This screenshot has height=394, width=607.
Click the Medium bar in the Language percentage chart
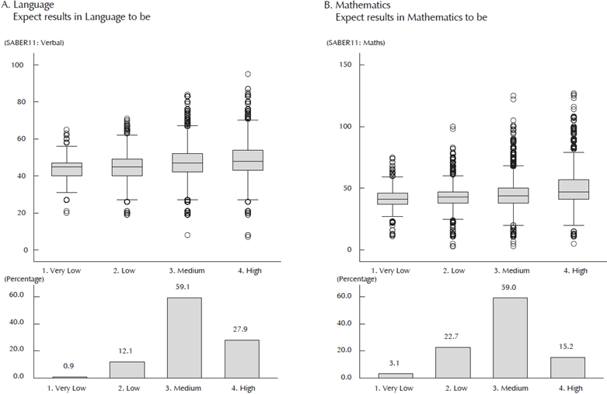click(x=185, y=337)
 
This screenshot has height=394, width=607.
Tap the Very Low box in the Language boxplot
click(x=67, y=169)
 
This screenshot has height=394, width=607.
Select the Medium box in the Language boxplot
click(x=187, y=162)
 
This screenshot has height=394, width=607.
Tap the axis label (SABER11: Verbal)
click(x=33, y=42)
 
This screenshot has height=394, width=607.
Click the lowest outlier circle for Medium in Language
click(x=187, y=235)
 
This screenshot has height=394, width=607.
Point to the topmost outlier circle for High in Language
click(x=247, y=75)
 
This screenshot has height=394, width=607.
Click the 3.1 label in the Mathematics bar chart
click(x=394, y=363)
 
